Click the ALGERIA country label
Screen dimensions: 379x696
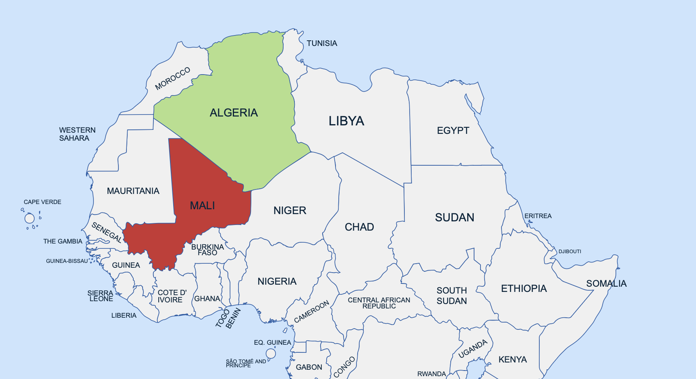[234, 112]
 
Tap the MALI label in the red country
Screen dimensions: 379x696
[202, 206]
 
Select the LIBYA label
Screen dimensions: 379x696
[346, 121]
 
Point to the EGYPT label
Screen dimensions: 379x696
[453, 131]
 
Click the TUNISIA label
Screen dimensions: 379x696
[322, 43]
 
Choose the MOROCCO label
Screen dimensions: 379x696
[172, 79]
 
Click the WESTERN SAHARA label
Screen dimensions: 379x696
[77, 134]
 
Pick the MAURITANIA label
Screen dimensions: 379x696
[133, 191]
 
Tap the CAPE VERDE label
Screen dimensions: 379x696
[42, 202]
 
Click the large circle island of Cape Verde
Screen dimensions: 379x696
[29, 219]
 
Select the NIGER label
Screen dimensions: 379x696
[290, 210]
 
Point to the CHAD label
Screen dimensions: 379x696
[359, 227]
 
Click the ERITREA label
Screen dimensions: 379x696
[538, 216]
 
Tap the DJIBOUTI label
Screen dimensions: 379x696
[570, 252]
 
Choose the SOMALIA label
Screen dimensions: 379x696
[606, 283]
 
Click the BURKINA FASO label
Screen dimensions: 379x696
[207, 250]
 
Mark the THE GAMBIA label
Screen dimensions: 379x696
[62, 242]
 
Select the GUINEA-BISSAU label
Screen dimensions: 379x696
[67, 261]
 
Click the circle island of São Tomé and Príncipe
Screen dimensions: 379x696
[271, 354]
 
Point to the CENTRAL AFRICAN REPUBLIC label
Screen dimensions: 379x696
[379, 303]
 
